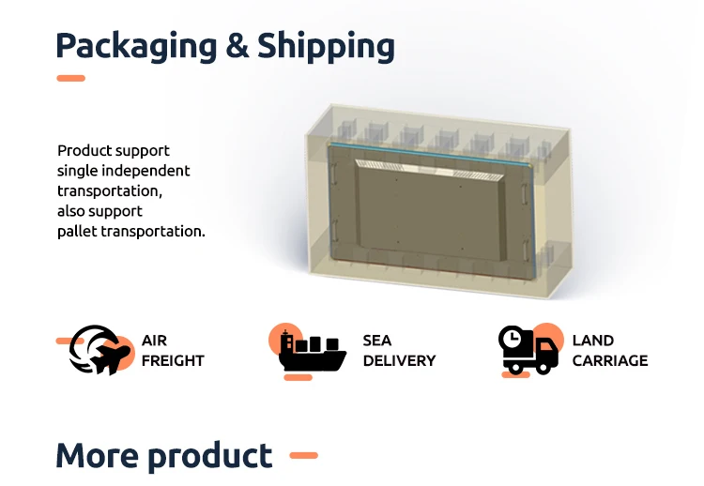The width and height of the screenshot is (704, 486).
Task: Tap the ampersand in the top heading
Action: point(238,45)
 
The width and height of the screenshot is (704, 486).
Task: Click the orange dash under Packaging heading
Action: point(70,79)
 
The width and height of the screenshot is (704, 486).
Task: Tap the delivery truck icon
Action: point(531,353)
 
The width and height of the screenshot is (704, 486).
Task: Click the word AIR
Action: point(154,341)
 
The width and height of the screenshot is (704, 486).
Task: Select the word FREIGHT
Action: point(173,360)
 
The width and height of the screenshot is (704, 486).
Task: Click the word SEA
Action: point(377,341)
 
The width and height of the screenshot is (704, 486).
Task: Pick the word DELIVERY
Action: point(399,360)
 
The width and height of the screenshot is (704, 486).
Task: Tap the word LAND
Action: point(592,341)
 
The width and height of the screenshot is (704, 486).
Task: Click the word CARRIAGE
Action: point(610,360)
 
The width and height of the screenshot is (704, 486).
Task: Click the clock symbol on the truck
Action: point(511,338)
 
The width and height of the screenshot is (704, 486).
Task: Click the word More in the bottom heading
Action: point(98,456)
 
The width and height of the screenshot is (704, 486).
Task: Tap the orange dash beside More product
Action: point(303,456)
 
